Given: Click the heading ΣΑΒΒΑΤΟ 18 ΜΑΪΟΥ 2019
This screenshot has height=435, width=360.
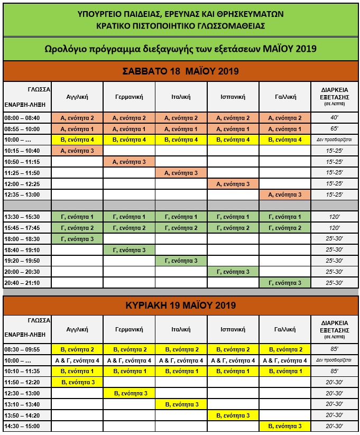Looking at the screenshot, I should point(181,71).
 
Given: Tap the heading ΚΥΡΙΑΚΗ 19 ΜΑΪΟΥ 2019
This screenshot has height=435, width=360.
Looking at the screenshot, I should point(181,306).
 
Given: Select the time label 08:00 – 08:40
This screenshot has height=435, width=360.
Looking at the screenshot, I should point(26,118).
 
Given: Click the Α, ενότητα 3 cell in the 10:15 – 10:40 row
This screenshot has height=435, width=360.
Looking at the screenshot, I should point(77,151).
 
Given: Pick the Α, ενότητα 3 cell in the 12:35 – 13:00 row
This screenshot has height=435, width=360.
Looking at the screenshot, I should point(285,195).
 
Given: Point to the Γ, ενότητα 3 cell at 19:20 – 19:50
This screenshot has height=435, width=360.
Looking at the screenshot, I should point(181,261).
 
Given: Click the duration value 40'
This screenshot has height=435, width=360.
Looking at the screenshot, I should point(334,118).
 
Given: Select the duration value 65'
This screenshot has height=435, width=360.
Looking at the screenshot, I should point(334,129).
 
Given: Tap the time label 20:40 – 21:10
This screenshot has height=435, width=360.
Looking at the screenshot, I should point(26,283).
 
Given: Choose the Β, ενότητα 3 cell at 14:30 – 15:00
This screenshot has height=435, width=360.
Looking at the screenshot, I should point(285,426).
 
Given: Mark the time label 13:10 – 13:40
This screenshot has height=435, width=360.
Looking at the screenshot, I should point(26,404).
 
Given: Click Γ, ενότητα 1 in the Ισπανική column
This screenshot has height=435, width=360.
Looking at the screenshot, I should point(233,217).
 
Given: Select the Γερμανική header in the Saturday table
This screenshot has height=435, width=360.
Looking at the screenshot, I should point(129,97).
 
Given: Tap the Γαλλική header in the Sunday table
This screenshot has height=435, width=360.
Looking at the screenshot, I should point(285,329).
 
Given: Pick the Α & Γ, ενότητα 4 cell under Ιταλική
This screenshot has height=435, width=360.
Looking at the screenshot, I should point(181,360).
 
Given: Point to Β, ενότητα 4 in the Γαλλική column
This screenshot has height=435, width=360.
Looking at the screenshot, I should point(285,140).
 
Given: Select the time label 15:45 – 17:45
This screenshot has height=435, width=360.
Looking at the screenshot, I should point(26,228).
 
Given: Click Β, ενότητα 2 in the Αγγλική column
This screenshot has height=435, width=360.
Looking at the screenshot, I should point(77,349).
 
